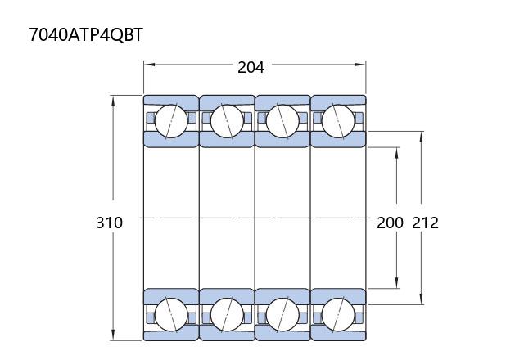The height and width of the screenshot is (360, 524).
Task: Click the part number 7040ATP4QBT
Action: [86, 34]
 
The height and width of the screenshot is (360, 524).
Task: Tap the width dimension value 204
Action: [251, 67]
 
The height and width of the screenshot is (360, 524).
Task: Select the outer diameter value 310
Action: [109, 223]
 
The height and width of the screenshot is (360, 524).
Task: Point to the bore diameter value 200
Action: [390, 223]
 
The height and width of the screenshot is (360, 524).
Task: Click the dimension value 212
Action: [425, 223]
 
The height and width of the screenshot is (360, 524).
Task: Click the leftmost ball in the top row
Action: [171, 121]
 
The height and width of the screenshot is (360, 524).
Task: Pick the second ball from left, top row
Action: [227, 121]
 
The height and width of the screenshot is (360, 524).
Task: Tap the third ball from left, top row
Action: [282, 121]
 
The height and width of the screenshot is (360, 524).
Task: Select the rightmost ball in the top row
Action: [338, 121]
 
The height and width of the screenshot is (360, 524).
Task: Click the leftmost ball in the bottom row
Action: [171, 314]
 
